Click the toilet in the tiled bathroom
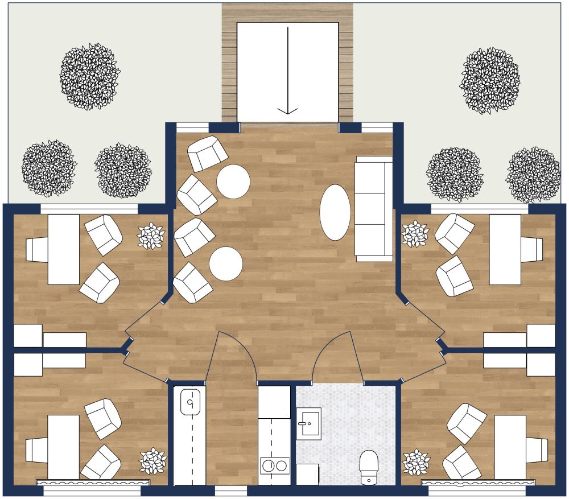pyautogui.click(x=369, y=467)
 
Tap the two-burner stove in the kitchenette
pyautogui.click(x=274, y=465)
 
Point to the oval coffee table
pyautogui.click(x=335, y=212)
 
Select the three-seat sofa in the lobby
pyautogui.click(x=374, y=209)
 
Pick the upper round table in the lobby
pyautogui.click(x=233, y=182)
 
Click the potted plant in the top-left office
pyautogui.click(x=151, y=236)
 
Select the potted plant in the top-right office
pyautogui.click(x=415, y=234)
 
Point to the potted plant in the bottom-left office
pyautogui.click(x=152, y=461)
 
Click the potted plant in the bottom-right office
pyautogui.click(x=415, y=462)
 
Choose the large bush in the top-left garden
pyautogui.click(x=90, y=76)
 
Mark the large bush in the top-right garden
pyautogui.click(x=489, y=80)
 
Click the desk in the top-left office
pyautogui.click(x=63, y=249)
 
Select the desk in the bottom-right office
pyautogui.click(x=510, y=447)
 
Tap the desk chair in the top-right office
pyautogui.click(x=532, y=249)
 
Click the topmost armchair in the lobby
pyautogui.click(x=208, y=154)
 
